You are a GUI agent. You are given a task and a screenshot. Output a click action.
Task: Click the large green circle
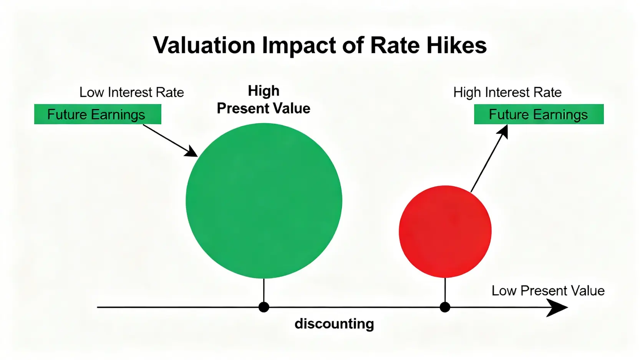(264, 201)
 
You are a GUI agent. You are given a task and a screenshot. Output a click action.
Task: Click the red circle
(445, 231)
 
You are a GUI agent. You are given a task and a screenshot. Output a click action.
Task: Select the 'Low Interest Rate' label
(131, 92)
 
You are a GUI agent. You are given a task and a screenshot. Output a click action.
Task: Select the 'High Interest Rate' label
(507, 92)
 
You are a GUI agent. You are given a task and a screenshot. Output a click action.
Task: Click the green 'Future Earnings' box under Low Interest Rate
(98, 114)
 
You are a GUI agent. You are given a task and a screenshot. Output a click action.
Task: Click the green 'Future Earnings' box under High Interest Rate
(539, 114)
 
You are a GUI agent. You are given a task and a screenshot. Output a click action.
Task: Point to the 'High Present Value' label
(264, 100)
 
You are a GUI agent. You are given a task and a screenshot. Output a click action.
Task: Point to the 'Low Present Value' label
(548, 291)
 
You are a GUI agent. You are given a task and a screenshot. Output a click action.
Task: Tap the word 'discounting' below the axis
(334, 324)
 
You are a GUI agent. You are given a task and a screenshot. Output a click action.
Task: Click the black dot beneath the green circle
(264, 307)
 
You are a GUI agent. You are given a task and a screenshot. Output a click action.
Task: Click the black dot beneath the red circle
(445, 307)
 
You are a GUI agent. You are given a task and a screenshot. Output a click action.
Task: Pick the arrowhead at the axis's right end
(557, 307)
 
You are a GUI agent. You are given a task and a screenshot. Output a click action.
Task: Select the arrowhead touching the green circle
(191, 151)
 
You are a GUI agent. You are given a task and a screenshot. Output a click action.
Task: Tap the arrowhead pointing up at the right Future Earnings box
(503, 132)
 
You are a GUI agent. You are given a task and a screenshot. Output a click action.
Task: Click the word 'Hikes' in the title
(457, 45)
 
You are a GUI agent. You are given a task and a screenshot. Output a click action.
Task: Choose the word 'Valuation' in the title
(204, 45)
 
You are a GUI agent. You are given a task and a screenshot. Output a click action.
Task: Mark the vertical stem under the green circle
(264, 290)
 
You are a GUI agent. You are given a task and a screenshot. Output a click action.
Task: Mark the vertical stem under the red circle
(445, 290)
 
